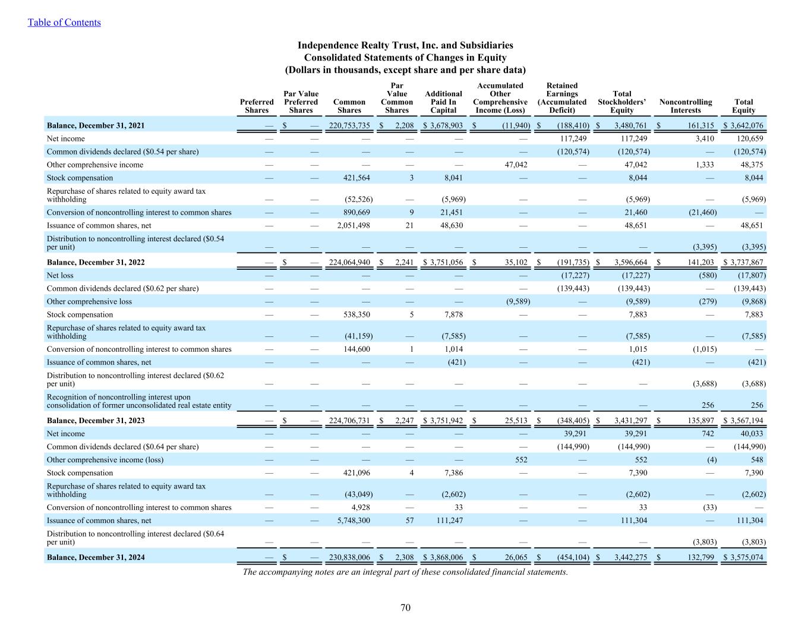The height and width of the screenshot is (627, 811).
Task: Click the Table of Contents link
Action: click(64, 23)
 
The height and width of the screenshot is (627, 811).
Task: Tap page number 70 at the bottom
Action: click(405, 607)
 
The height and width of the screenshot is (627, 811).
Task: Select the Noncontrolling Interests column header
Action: click(685, 106)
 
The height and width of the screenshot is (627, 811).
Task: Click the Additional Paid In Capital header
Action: click(443, 102)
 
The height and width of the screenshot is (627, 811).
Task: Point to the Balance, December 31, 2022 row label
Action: click(96, 262)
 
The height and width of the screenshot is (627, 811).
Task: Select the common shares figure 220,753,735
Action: click(349, 125)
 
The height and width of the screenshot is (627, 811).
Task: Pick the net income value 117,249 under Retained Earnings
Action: click(573, 138)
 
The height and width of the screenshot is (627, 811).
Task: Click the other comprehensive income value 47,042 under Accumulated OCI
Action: click(515, 165)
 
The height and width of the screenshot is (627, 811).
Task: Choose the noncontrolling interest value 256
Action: click(707, 405)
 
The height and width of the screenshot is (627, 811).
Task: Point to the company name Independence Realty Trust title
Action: click(405, 45)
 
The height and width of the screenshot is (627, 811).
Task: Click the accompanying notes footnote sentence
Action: click(405, 572)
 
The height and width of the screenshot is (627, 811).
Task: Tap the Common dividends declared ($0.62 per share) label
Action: click(122, 288)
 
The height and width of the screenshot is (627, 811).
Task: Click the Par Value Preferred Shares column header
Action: click(301, 102)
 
